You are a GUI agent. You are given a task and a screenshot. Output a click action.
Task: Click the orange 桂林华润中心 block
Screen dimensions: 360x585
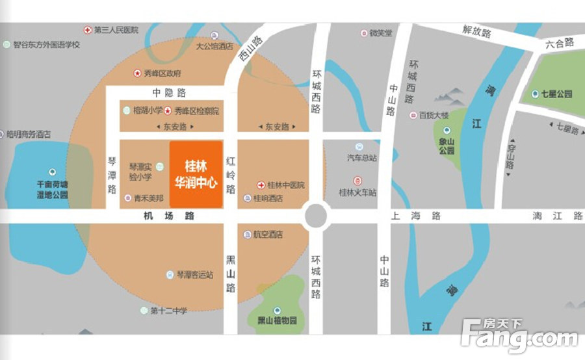[x=196, y=174]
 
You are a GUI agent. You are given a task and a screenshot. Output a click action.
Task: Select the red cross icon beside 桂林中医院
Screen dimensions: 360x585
[x=261, y=185]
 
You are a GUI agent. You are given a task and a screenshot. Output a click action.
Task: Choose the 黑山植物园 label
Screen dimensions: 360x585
[x=277, y=321]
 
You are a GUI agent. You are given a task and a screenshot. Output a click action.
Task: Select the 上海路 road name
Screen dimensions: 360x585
[x=417, y=216]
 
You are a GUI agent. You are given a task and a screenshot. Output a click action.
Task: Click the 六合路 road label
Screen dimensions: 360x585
[x=560, y=43]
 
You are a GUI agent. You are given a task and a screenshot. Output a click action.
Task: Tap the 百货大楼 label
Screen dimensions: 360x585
[x=434, y=115]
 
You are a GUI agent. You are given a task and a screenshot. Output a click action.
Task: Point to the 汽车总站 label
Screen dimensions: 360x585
[x=362, y=158]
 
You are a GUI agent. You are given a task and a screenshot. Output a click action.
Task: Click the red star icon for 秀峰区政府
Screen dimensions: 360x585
[x=137, y=73]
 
